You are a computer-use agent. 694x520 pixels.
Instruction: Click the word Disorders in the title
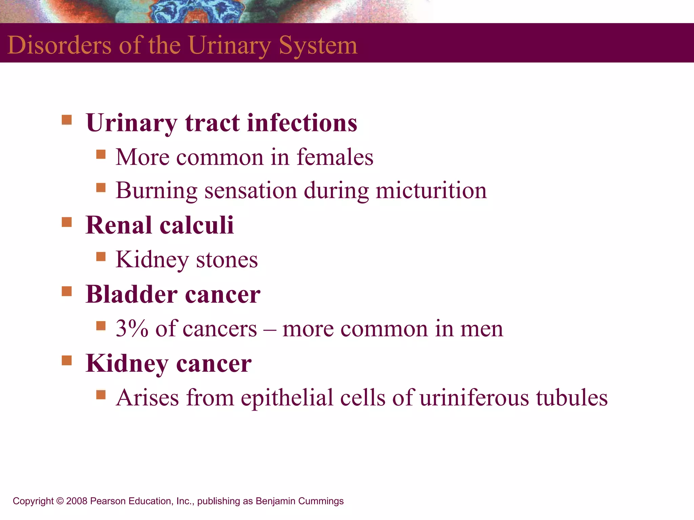click(59, 45)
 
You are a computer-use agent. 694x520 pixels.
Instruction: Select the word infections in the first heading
click(302, 123)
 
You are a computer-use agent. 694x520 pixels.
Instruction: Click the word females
click(335, 157)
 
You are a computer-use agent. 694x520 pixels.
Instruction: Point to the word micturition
click(431, 190)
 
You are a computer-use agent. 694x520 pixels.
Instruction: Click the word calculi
click(197, 225)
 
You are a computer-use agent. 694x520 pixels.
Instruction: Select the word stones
click(227, 260)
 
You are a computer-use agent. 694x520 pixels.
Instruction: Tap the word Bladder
click(131, 294)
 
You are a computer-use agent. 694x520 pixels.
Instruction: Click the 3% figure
click(132, 328)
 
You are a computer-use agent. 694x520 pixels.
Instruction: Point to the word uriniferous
click(474, 397)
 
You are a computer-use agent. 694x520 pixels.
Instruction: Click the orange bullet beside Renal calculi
click(67, 222)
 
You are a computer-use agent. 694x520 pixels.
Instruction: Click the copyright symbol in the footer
click(60, 501)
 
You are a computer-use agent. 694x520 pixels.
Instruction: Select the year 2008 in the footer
click(77, 501)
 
